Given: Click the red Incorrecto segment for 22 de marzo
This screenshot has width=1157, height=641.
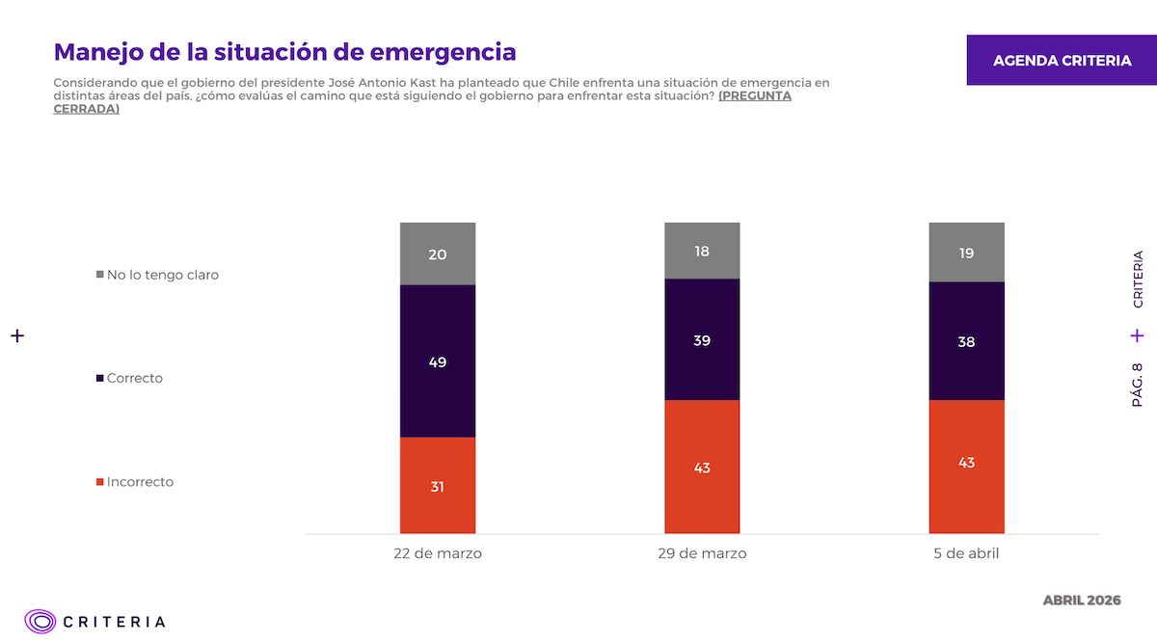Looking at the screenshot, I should [438, 485].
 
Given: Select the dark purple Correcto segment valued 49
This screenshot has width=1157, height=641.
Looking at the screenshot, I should [438, 361].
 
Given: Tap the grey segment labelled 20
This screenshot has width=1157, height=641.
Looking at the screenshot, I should [438, 254].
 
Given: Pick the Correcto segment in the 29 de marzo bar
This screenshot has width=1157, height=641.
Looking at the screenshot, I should [702, 339].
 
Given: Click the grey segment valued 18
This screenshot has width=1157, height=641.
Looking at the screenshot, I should [702, 251].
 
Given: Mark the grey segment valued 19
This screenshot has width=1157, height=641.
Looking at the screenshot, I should [966, 253].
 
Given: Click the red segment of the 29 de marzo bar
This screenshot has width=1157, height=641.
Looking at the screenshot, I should [702, 467].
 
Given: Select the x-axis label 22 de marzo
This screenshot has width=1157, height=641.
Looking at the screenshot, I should [438, 554].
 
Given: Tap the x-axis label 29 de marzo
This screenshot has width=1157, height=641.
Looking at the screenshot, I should [702, 554].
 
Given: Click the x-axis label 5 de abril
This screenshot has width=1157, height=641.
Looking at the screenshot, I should [966, 554].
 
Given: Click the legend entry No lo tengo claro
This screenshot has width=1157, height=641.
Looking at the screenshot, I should [162, 275].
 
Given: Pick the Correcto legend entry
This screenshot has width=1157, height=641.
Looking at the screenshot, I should [134, 378].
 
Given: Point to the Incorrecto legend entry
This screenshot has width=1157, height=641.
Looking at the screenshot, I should [140, 482].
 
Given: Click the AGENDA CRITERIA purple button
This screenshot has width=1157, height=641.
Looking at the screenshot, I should [1062, 61].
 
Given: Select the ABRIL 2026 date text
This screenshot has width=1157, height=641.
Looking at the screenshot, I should [1082, 601].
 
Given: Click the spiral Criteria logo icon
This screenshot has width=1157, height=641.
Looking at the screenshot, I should [40, 622].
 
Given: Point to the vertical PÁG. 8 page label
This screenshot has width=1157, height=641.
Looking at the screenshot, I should [1138, 385].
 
